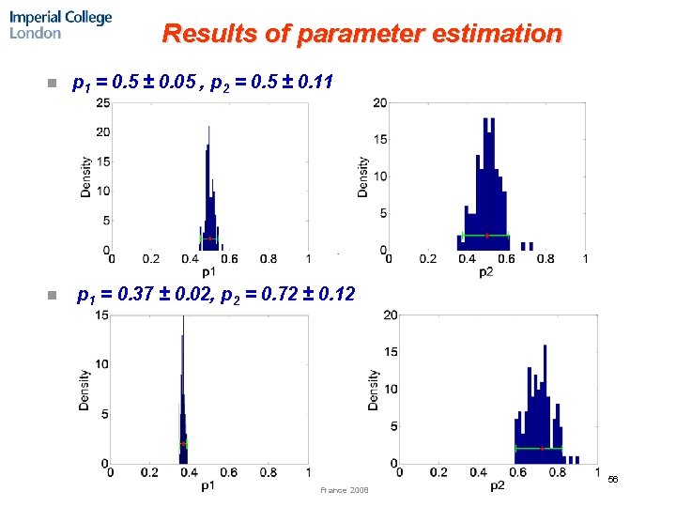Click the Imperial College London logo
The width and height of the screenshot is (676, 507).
[x=60, y=24]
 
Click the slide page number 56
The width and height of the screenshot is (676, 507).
[x=613, y=479]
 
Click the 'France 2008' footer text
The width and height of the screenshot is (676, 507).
[x=345, y=490]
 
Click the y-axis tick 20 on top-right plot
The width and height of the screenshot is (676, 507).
[x=380, y=102]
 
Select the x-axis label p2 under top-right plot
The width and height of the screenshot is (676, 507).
[x=485, y=271]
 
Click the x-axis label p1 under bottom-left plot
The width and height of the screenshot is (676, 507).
[x=208, y=485]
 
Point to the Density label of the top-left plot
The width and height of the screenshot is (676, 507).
[x=85, y=176]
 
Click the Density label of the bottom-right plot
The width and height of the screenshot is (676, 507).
[x=374, y=389]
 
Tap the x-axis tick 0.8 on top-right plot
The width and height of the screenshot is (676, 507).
[x=545, y=259]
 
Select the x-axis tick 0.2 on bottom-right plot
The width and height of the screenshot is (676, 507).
[x=438, y=472]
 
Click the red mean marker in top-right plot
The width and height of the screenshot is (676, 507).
[x=486, y=235]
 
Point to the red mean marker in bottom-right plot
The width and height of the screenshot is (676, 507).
[x=542, y=449]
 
